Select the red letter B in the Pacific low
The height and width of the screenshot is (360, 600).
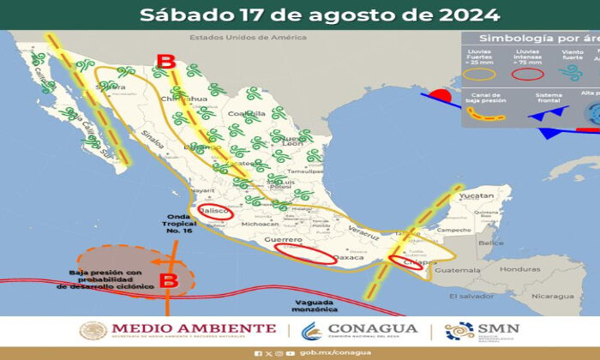click(169, 280)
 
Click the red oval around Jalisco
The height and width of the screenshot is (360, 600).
click(216, 211)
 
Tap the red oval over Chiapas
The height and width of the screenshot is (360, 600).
click(405, 262)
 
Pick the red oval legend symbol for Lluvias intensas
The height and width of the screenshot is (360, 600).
click(527, 75)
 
